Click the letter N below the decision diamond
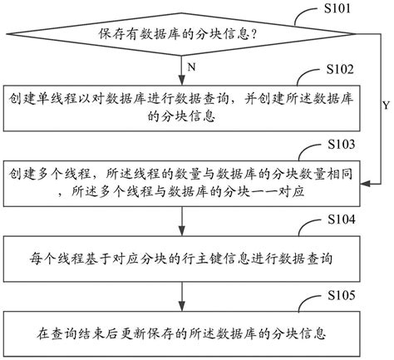coord(193,66)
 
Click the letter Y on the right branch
coord(384,106)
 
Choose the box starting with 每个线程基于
coord(181,259)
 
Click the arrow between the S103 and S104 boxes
coord(181,220)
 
